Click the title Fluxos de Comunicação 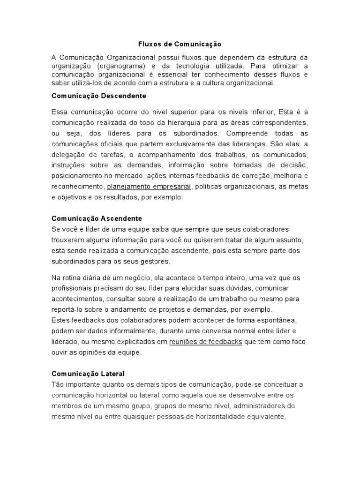(180, 44)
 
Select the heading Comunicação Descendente (98, 96)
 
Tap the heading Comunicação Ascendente (97, 218)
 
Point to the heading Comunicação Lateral (88, 374)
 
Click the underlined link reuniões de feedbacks (205, 342)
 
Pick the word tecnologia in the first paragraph (197, 66)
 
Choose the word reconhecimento (77, 187)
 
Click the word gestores (157, 261)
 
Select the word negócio (134, 277)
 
